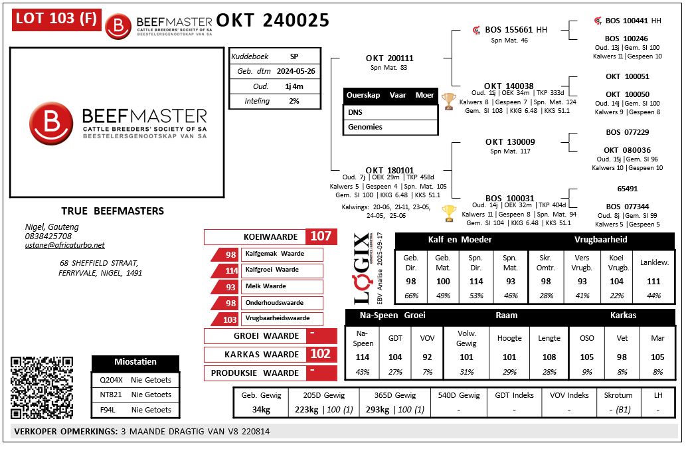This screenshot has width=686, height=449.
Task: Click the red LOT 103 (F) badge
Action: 55,20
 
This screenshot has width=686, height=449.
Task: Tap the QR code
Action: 41,387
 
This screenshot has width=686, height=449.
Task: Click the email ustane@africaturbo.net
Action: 64,245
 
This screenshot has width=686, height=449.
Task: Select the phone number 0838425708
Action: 48,236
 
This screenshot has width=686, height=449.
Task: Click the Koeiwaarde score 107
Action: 320,236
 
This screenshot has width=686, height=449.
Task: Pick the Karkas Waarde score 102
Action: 320,354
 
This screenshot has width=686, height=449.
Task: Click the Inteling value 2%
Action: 294,101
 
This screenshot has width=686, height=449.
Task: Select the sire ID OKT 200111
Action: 389,58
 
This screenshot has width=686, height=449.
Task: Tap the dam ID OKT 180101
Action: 389,171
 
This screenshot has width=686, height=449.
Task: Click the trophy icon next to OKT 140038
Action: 449,101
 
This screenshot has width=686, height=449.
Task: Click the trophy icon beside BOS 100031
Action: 449,213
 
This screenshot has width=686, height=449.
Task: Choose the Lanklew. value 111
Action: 653,282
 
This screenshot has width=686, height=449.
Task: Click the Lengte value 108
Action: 549,357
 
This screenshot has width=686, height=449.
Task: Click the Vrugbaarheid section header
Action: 601,240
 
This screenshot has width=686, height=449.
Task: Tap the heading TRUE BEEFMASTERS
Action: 112,211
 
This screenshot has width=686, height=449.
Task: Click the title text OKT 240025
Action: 272,21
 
